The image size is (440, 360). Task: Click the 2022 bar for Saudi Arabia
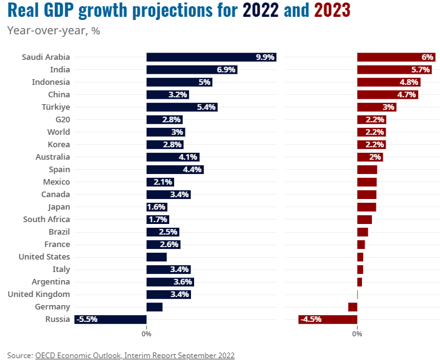211,57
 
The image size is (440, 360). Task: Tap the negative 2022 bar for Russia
110,319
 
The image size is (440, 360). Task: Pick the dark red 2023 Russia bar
328,319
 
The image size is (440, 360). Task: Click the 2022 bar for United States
157,256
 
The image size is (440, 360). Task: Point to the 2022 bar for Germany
154,306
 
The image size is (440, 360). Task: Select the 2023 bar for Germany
353,306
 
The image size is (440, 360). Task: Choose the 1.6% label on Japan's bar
157,207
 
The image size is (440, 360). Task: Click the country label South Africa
46,219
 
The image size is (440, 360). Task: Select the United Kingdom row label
39,294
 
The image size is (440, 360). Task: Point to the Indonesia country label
51,82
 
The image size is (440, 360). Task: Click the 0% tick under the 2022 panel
147,334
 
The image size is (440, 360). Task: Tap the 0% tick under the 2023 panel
357,334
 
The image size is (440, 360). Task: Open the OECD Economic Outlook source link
135,355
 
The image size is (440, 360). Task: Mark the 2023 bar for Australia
369,157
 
